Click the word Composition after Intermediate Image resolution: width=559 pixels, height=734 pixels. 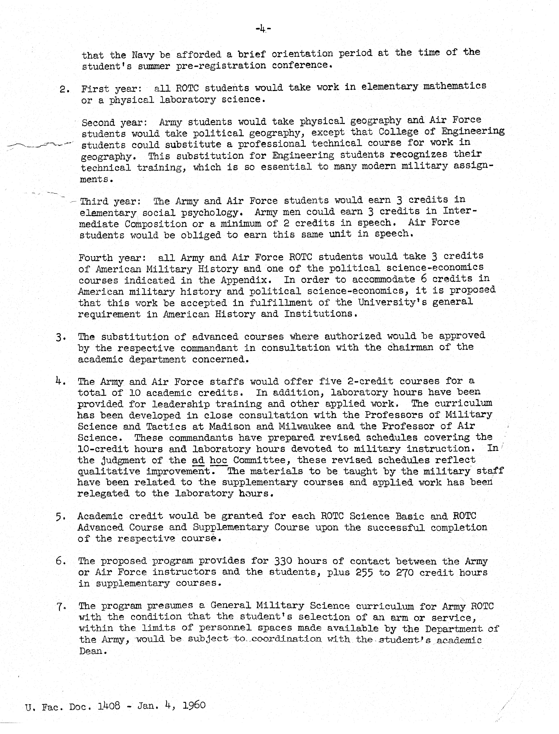(x=156, y=224)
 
